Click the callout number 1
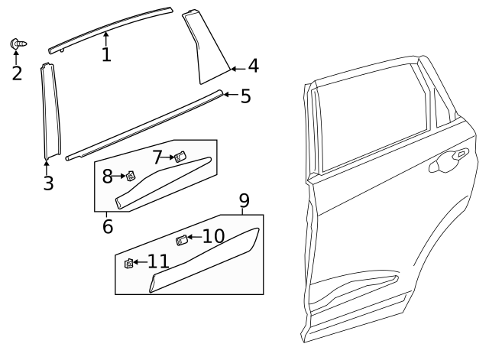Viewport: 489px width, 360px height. [106, 54]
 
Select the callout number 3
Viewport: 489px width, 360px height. [48, 183]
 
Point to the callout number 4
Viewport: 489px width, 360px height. [253, 66]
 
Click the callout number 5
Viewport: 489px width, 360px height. [245, 96]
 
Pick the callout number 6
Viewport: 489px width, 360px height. [107, 226]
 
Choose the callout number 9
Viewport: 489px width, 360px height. [244, 201]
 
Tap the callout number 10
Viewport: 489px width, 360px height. [213, 236]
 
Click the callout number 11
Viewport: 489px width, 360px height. [158, 262]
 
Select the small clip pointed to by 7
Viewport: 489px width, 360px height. [180, 157]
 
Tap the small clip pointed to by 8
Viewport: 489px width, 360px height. [131, 177]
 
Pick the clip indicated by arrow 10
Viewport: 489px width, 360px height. [182, 241]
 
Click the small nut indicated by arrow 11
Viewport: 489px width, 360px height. [128, 264]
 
